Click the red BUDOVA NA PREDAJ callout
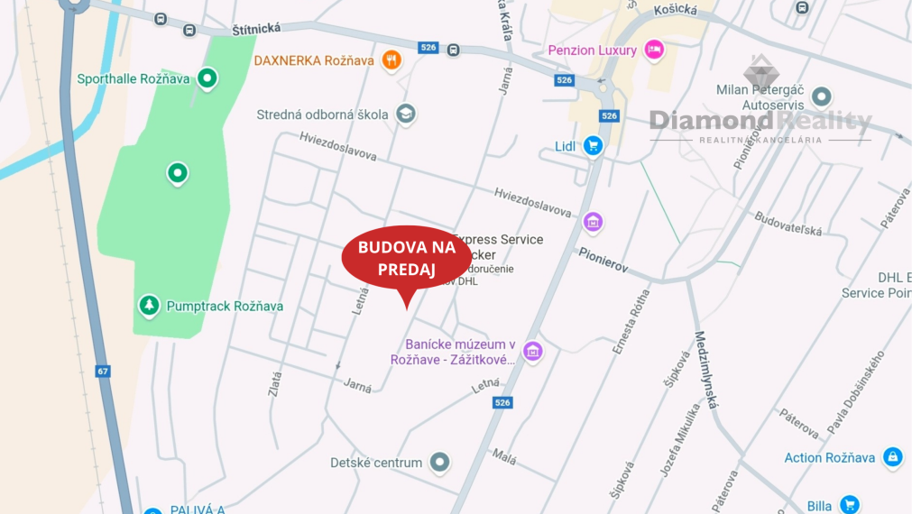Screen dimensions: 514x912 coord(406,258)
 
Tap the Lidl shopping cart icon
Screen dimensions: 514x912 coord(592,145)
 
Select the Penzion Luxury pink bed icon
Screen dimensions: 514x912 coord(654,50)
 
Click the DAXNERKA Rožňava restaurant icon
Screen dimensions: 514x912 coord(391,60)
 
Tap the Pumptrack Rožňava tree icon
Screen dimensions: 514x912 coord(149,306)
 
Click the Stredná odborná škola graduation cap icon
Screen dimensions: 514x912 coord(406,114)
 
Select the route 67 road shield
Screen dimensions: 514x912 coord(103,371)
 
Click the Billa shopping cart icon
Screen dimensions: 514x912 coord(848,505)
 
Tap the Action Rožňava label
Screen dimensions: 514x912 coord(829,457)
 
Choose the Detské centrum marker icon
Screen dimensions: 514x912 coord(439,463)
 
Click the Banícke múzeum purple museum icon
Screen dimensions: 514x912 coord(533,351)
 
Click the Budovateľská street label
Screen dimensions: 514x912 coord(788,224)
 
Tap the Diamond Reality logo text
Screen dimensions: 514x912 coord(760,121)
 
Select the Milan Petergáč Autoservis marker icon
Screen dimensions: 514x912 coord(821,96)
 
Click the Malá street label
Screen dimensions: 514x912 coord(503,457)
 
